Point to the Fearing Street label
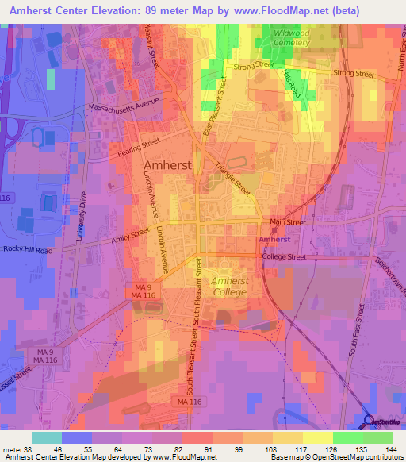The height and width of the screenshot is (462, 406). (140, 148)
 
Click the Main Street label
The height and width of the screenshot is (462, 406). (286, 223)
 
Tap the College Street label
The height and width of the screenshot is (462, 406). (285, 256)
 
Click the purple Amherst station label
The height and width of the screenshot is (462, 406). (274, 239)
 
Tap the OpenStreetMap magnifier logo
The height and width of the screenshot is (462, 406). (370, 422)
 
